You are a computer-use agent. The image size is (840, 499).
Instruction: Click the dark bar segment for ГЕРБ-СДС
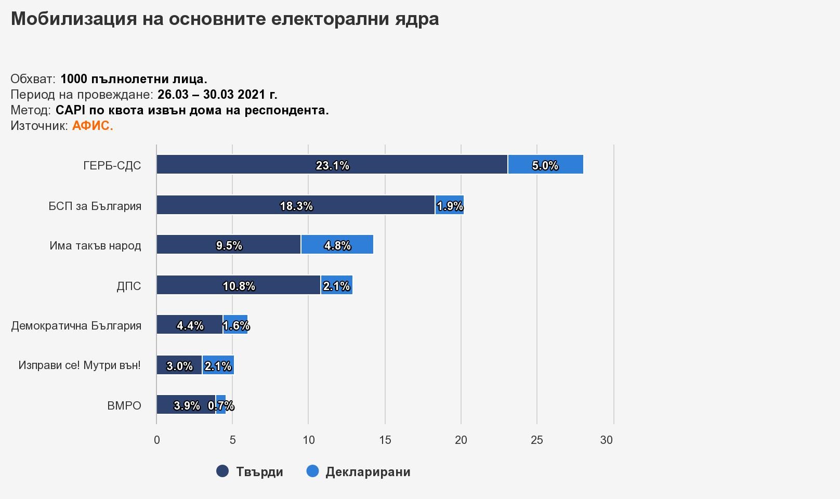tap(332, 164)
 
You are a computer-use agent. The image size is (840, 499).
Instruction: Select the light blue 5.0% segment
tap(546, 164)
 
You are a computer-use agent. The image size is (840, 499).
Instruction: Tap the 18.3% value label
tap(296, 206)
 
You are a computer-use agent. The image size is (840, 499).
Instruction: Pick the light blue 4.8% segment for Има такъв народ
tap(337, 244)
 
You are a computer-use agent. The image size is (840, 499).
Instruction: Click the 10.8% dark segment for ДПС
tap(239, 285)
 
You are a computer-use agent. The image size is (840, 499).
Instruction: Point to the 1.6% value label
tap(236, 325)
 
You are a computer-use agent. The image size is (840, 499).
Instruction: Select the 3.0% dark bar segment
tap(179, 365)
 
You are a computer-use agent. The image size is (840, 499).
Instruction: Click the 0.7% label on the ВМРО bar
tap(221, 405)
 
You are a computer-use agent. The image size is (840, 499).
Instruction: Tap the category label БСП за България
tap(95, 206)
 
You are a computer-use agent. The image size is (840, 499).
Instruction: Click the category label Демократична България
tap(76, 325)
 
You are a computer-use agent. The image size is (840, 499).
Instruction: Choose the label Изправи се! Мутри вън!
tap(80, 365)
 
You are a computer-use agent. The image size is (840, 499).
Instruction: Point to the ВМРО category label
tap(124, 405)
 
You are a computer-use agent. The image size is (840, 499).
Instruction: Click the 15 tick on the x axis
tap(385, 440)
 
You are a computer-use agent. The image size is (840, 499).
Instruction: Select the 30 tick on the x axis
tap(607, 440)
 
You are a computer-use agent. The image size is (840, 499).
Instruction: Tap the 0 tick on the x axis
tap(157, 440)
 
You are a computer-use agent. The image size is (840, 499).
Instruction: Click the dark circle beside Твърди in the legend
tap(222, 471)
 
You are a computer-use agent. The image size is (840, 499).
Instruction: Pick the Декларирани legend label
tap(368, 471)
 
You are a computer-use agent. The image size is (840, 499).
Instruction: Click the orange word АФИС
tap(93, 126)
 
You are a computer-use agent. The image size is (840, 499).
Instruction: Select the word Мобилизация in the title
tap(74, 19)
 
